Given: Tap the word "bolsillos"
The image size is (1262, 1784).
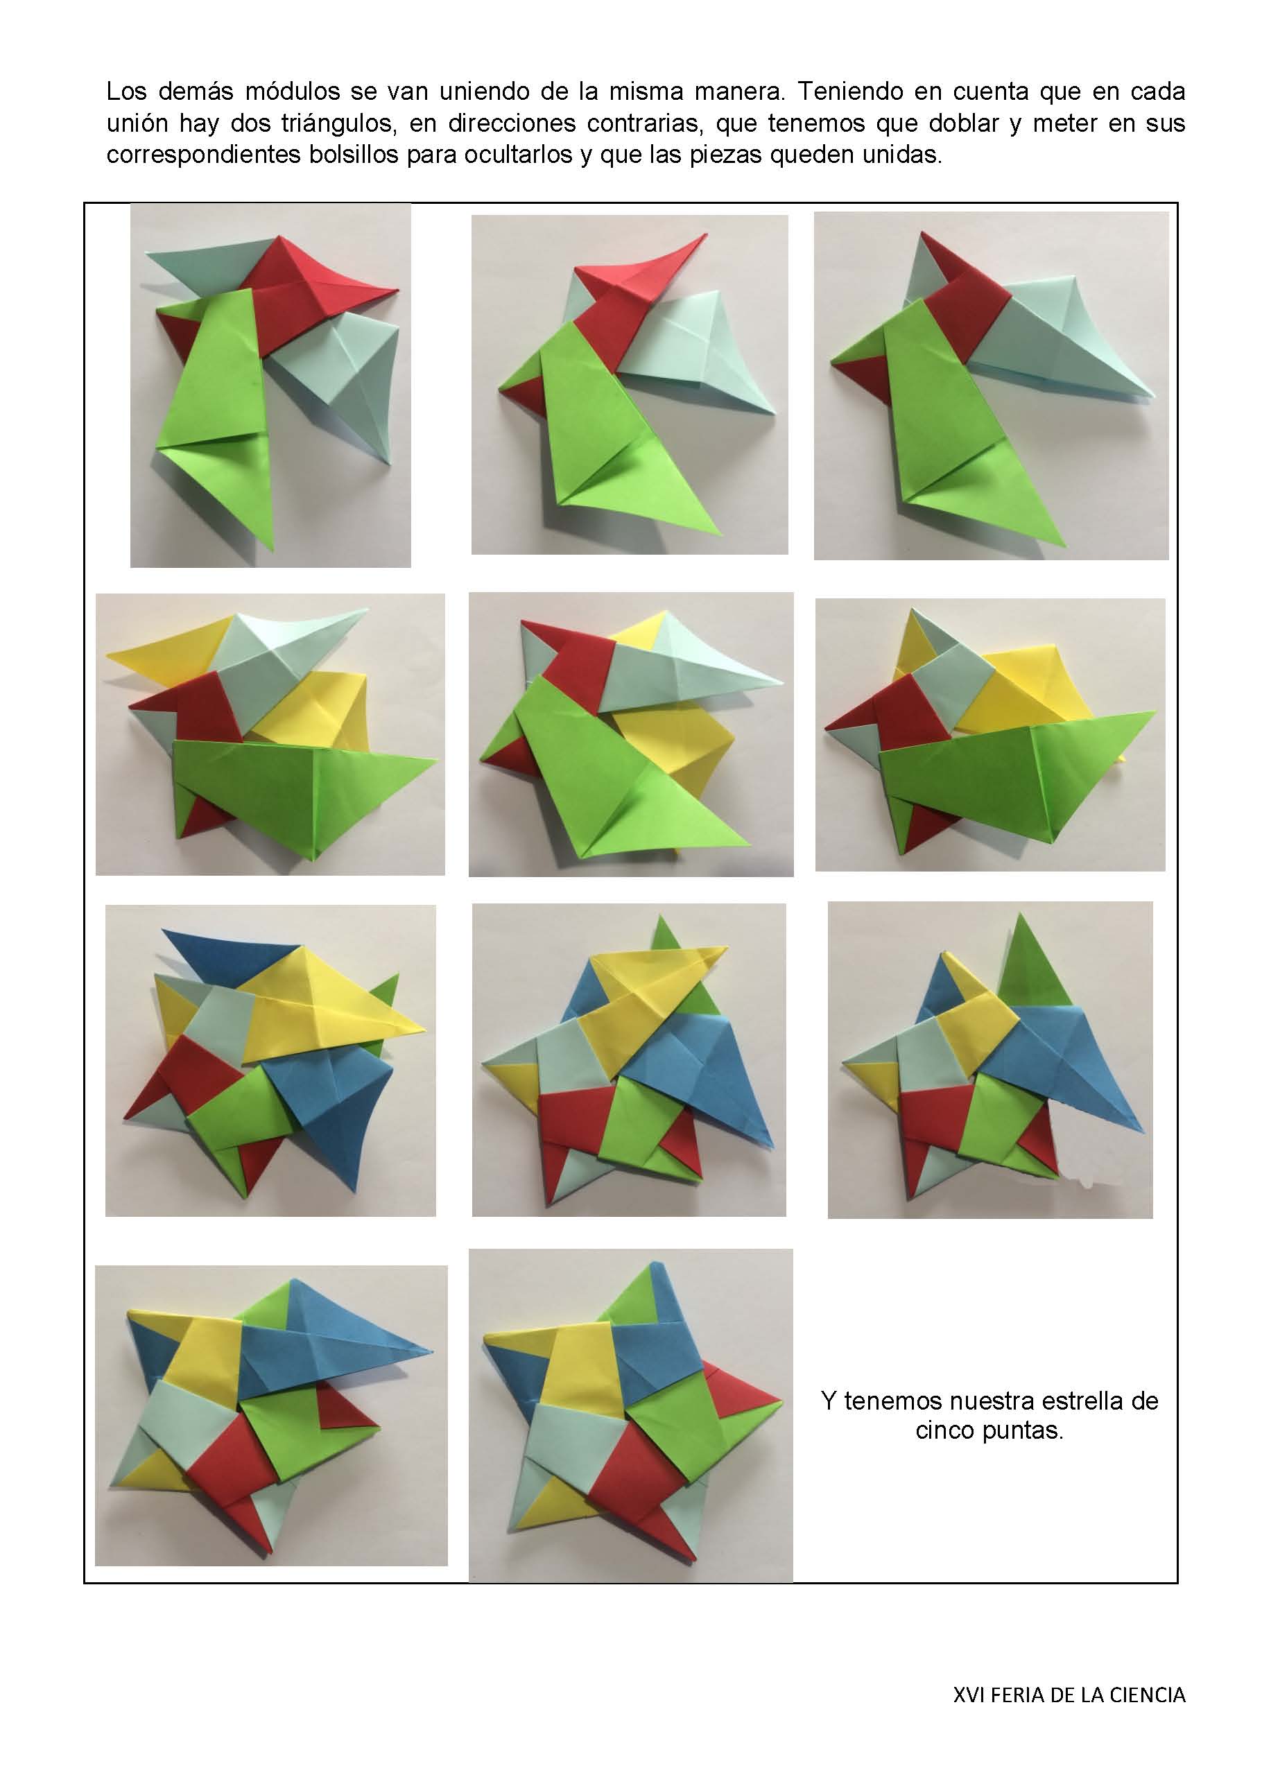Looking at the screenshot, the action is click(x=361, y=154).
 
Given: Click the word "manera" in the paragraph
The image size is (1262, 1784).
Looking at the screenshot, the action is click(x=741, y=92).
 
